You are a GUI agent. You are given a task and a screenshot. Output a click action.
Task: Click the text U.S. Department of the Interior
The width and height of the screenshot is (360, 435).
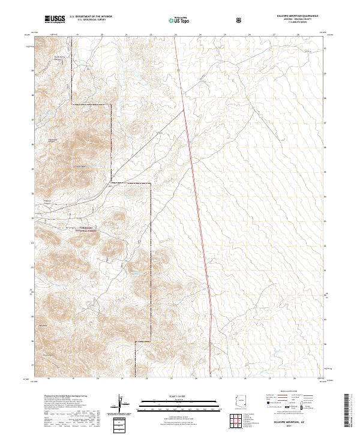point(91,17)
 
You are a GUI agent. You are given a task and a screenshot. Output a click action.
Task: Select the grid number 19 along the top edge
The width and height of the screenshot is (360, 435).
point(79,35)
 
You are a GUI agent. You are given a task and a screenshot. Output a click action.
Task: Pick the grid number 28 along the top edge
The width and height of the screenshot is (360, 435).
point(298,35)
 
